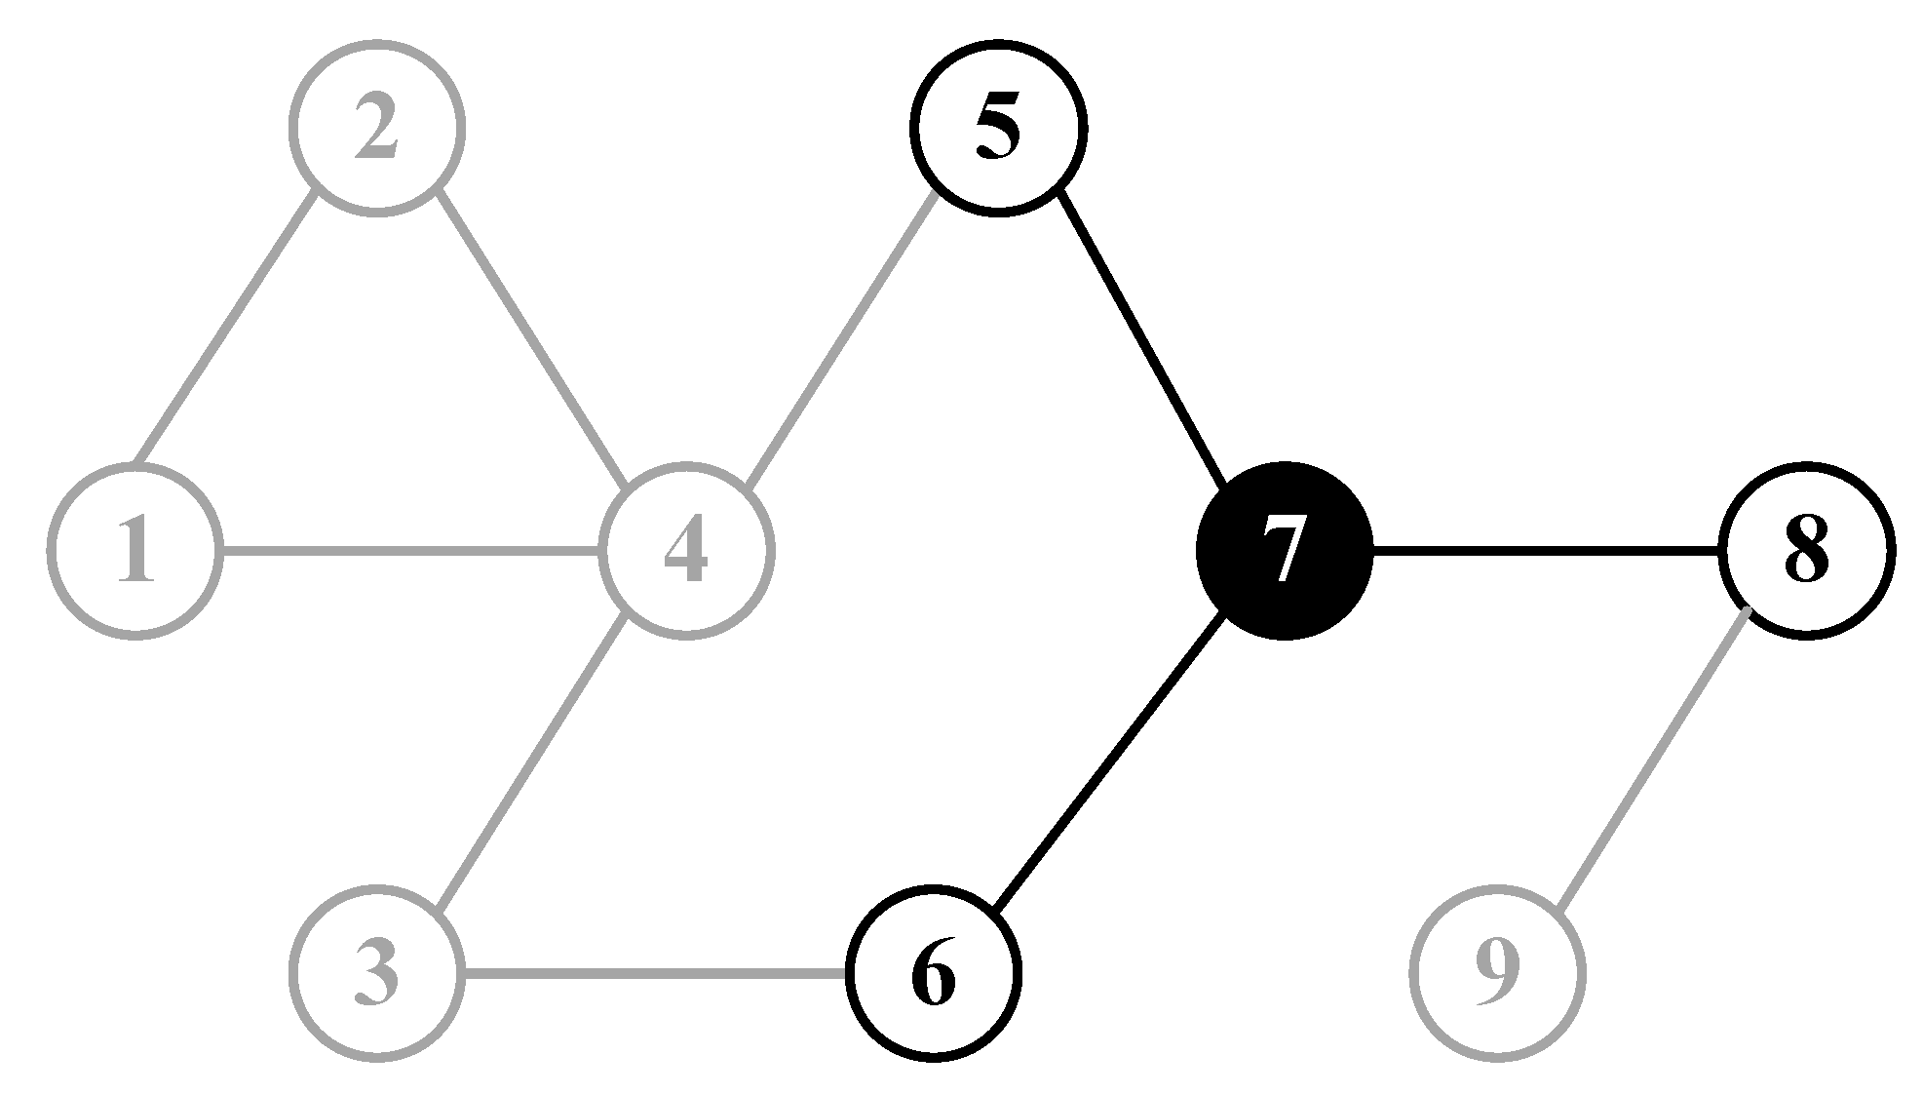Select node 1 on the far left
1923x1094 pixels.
(135, 552)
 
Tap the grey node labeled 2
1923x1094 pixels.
(377, 128)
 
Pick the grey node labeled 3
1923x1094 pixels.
(377, 973)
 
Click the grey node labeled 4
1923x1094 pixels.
(687, 552)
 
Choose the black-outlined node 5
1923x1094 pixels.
(998, 128)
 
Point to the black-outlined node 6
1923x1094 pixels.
(934, 973)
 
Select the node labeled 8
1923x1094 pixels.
(1806, 552)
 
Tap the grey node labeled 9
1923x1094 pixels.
(1496, 973)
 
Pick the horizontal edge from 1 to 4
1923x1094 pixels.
(409, 554)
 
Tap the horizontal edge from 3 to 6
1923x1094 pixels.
(653, 973)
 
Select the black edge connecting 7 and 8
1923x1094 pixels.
(1545, 553)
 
